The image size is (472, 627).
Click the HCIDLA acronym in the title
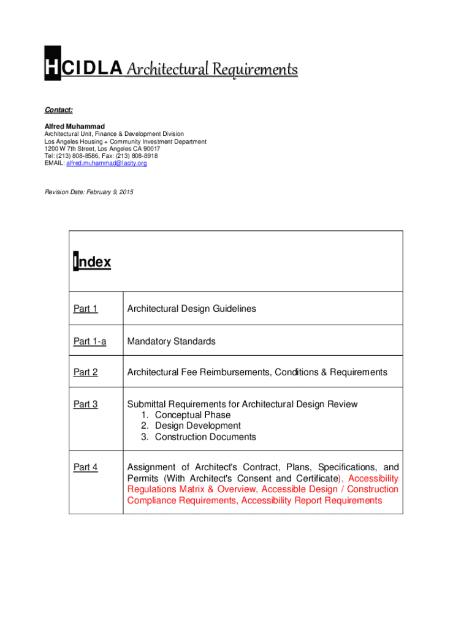coord(83,70)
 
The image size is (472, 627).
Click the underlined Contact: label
coord(58,110)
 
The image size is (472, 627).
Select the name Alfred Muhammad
coord(74,126)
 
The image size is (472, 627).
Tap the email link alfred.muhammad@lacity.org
coord(106,163)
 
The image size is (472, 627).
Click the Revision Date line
coord(88,192)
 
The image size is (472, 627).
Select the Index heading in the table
coord(92,262)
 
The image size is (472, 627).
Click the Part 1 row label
coord(85,309)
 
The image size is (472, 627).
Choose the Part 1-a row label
coord(89,342)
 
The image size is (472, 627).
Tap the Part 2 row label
coord(85,372)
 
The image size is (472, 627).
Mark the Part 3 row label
coord(85,404)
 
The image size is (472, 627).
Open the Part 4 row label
coord(85,468)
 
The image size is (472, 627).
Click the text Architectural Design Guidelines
coord(191,309)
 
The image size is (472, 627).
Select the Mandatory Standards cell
coord(171,342)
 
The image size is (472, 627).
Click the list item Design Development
coord(197,426)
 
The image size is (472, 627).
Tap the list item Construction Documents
coord(205,437)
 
